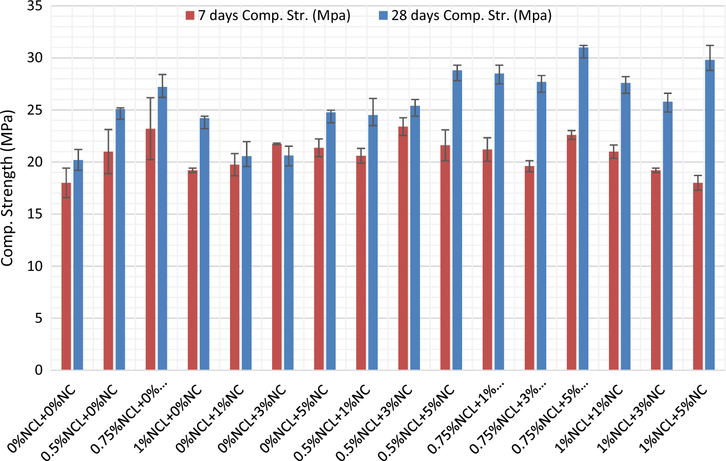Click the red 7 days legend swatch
coord(190,16)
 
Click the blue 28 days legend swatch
coord(383,16)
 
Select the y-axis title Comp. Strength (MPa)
coord(7,188)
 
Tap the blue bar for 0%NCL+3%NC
coord(289,263)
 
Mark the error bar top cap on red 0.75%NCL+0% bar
coord(150,98)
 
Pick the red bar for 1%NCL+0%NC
coord(193,270)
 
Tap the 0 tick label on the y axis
coord(39,370)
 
